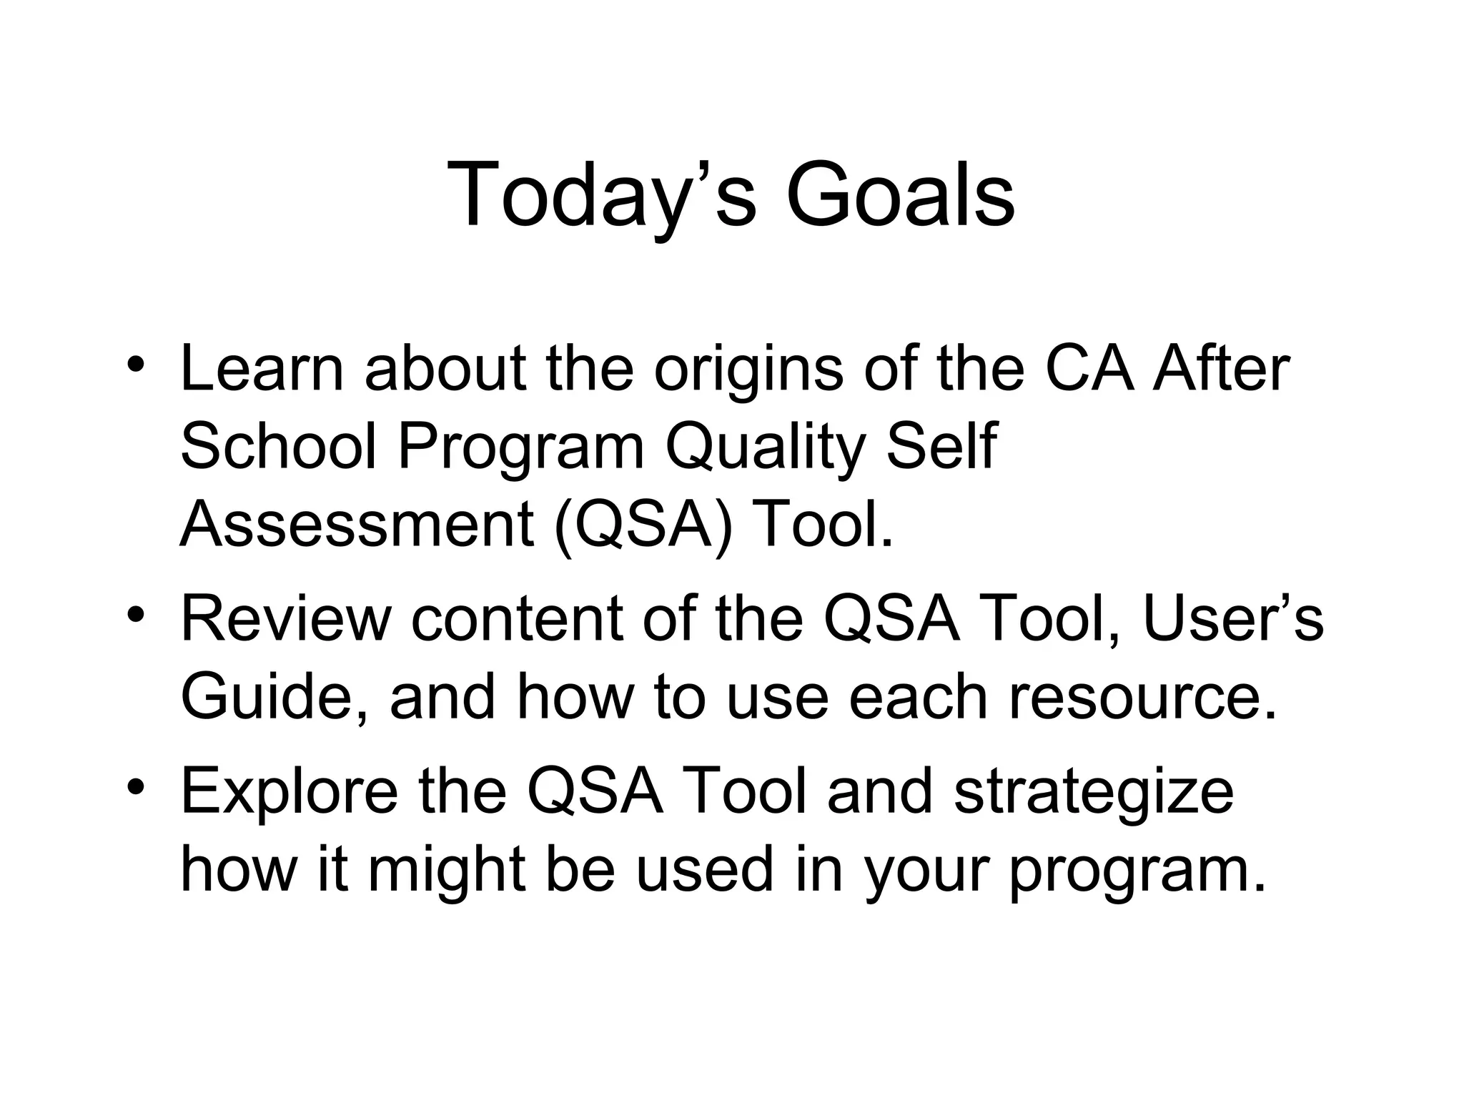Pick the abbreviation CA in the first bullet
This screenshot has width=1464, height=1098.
tap(1089, 370)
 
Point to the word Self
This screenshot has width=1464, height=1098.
tap(941, 447)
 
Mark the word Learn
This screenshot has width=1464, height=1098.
tap(262, 370)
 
